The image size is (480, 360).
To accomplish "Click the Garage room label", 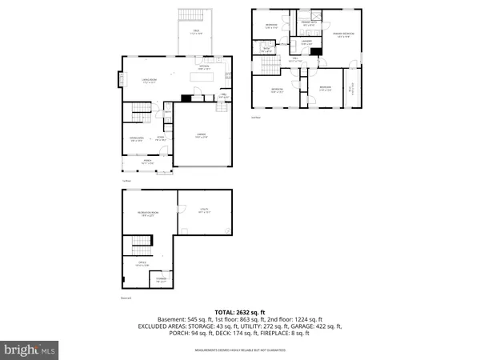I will tap(202, 137).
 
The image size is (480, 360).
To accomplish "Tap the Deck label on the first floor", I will tap(194, 33).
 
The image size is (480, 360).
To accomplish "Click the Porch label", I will tap(147, 162).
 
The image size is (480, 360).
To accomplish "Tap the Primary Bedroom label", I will tap(342, 34).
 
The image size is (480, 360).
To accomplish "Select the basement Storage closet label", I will tap(162, 281).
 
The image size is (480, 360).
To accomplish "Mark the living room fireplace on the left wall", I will tap(122, 80).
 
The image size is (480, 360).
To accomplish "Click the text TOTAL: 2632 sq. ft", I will tap(239, 311).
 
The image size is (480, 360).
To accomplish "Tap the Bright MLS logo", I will tap(30, 350).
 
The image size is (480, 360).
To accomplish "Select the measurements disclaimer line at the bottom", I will tap(239, 343).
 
